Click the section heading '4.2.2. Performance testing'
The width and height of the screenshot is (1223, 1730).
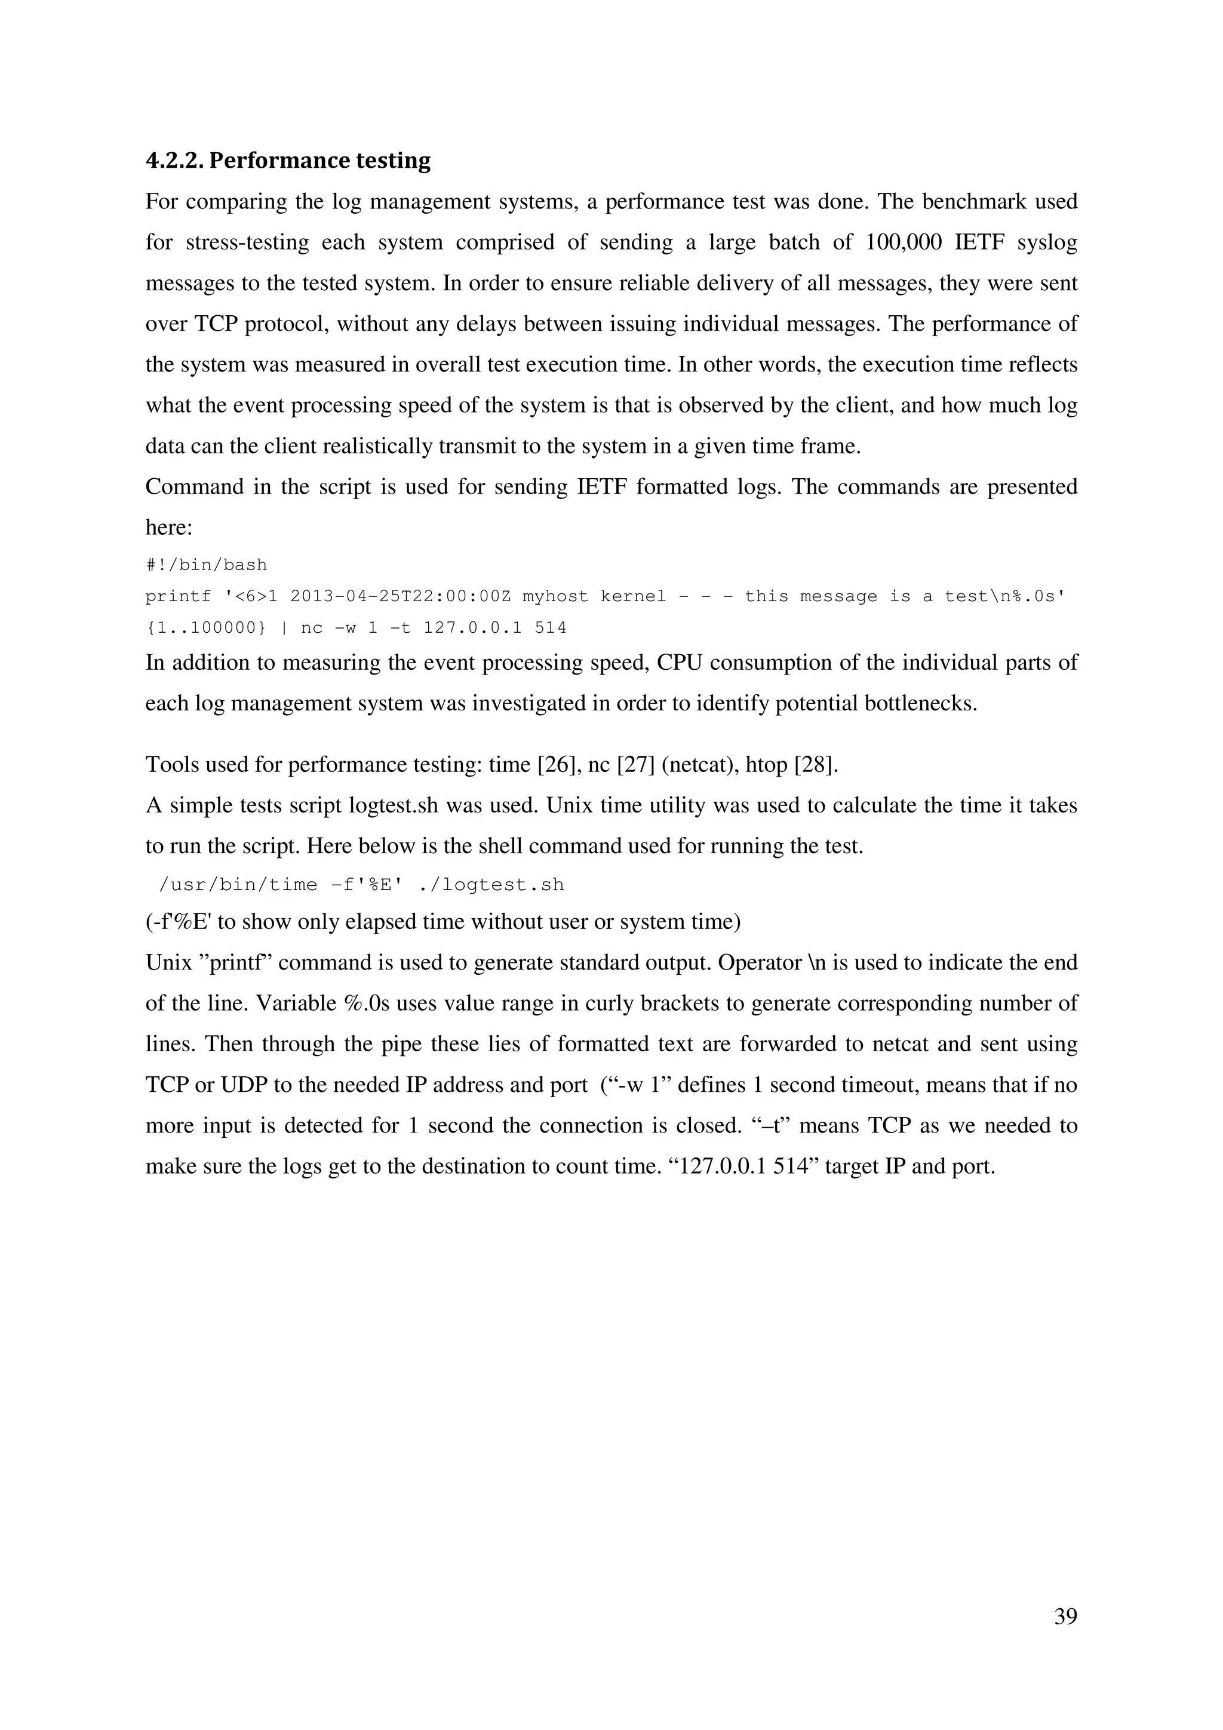click(x=288, y=161)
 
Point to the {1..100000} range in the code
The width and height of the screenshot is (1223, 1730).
click(x=205, y=627)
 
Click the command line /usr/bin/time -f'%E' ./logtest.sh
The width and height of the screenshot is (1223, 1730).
click(x=362, y=885)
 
